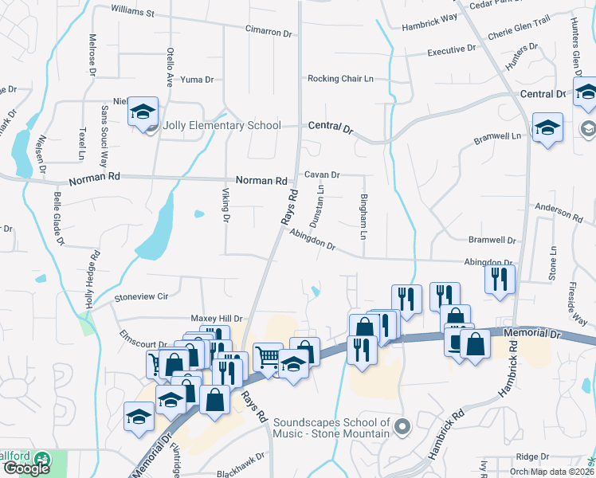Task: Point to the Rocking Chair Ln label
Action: pos(341,79)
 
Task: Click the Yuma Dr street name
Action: pos(198,80)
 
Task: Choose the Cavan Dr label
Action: pos(322,174)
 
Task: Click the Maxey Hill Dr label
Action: pos(216,319)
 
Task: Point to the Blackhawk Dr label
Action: pos(240,473)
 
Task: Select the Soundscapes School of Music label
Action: pos(331,427)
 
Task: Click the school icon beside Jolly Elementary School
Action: pos(143,113)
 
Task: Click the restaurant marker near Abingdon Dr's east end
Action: pos(500,279)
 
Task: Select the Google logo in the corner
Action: pos(26,468)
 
